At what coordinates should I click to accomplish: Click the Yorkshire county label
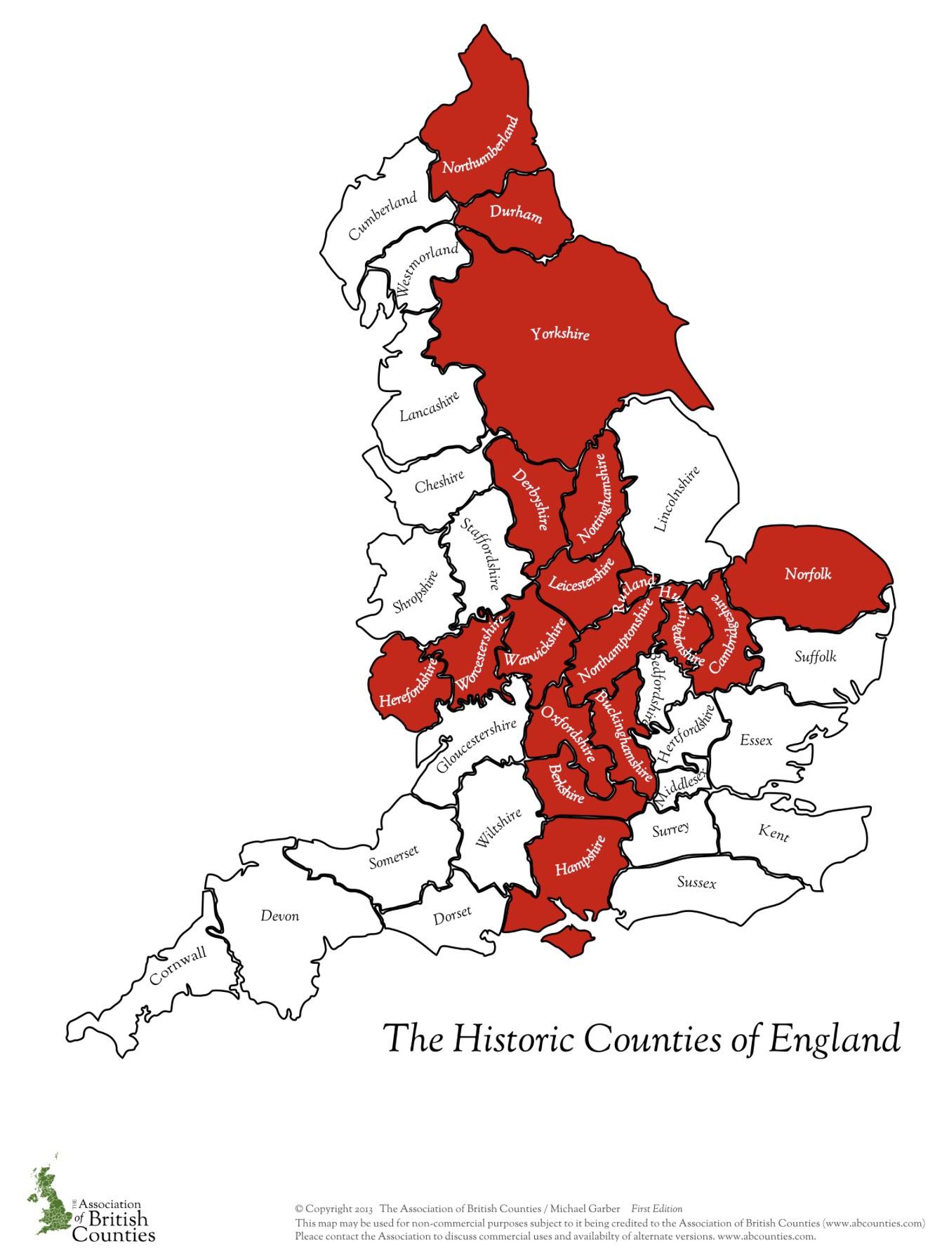[x=559, y=334]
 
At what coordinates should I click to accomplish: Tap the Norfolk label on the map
[x=808, y=574]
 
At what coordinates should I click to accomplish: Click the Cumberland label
[x=383, y=215]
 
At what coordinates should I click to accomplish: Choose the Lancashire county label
[x=430, y=406]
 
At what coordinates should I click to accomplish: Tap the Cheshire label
[x=439, y=481]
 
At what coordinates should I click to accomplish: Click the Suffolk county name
[x=815, y=657]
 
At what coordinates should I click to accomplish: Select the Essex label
[x=756, y=740]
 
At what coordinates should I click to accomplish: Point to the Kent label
[x=774, y=833]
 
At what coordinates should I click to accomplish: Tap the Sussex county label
[x=696, y=882]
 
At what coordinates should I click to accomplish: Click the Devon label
[x=279, y=915]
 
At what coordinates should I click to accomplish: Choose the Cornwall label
[x=178, y=965]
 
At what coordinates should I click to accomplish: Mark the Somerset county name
[x=394, y=857]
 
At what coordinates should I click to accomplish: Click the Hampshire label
[x=580, y=856]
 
